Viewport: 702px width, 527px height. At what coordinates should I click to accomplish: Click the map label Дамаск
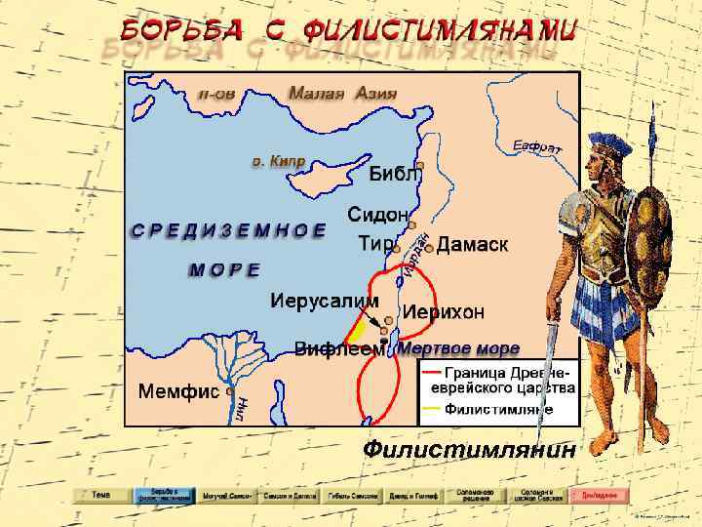click(x=472, y=245)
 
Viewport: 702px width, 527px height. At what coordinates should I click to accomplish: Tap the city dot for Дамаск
click(x=429, y=248)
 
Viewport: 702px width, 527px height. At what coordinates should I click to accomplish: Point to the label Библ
click(x=393, y=176)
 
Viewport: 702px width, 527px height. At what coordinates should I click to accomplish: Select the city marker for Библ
click(x=420, y=165)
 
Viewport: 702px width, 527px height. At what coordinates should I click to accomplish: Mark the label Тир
click(x=374, y=243)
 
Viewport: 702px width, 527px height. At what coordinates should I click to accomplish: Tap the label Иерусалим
click(x=324, y=300)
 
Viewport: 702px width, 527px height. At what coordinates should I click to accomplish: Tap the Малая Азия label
click(x=341, y=94)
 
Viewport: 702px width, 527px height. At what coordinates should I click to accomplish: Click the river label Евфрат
click(x=536, y=147)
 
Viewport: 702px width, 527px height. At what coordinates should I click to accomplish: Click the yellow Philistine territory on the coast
click(x=356, y=329)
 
